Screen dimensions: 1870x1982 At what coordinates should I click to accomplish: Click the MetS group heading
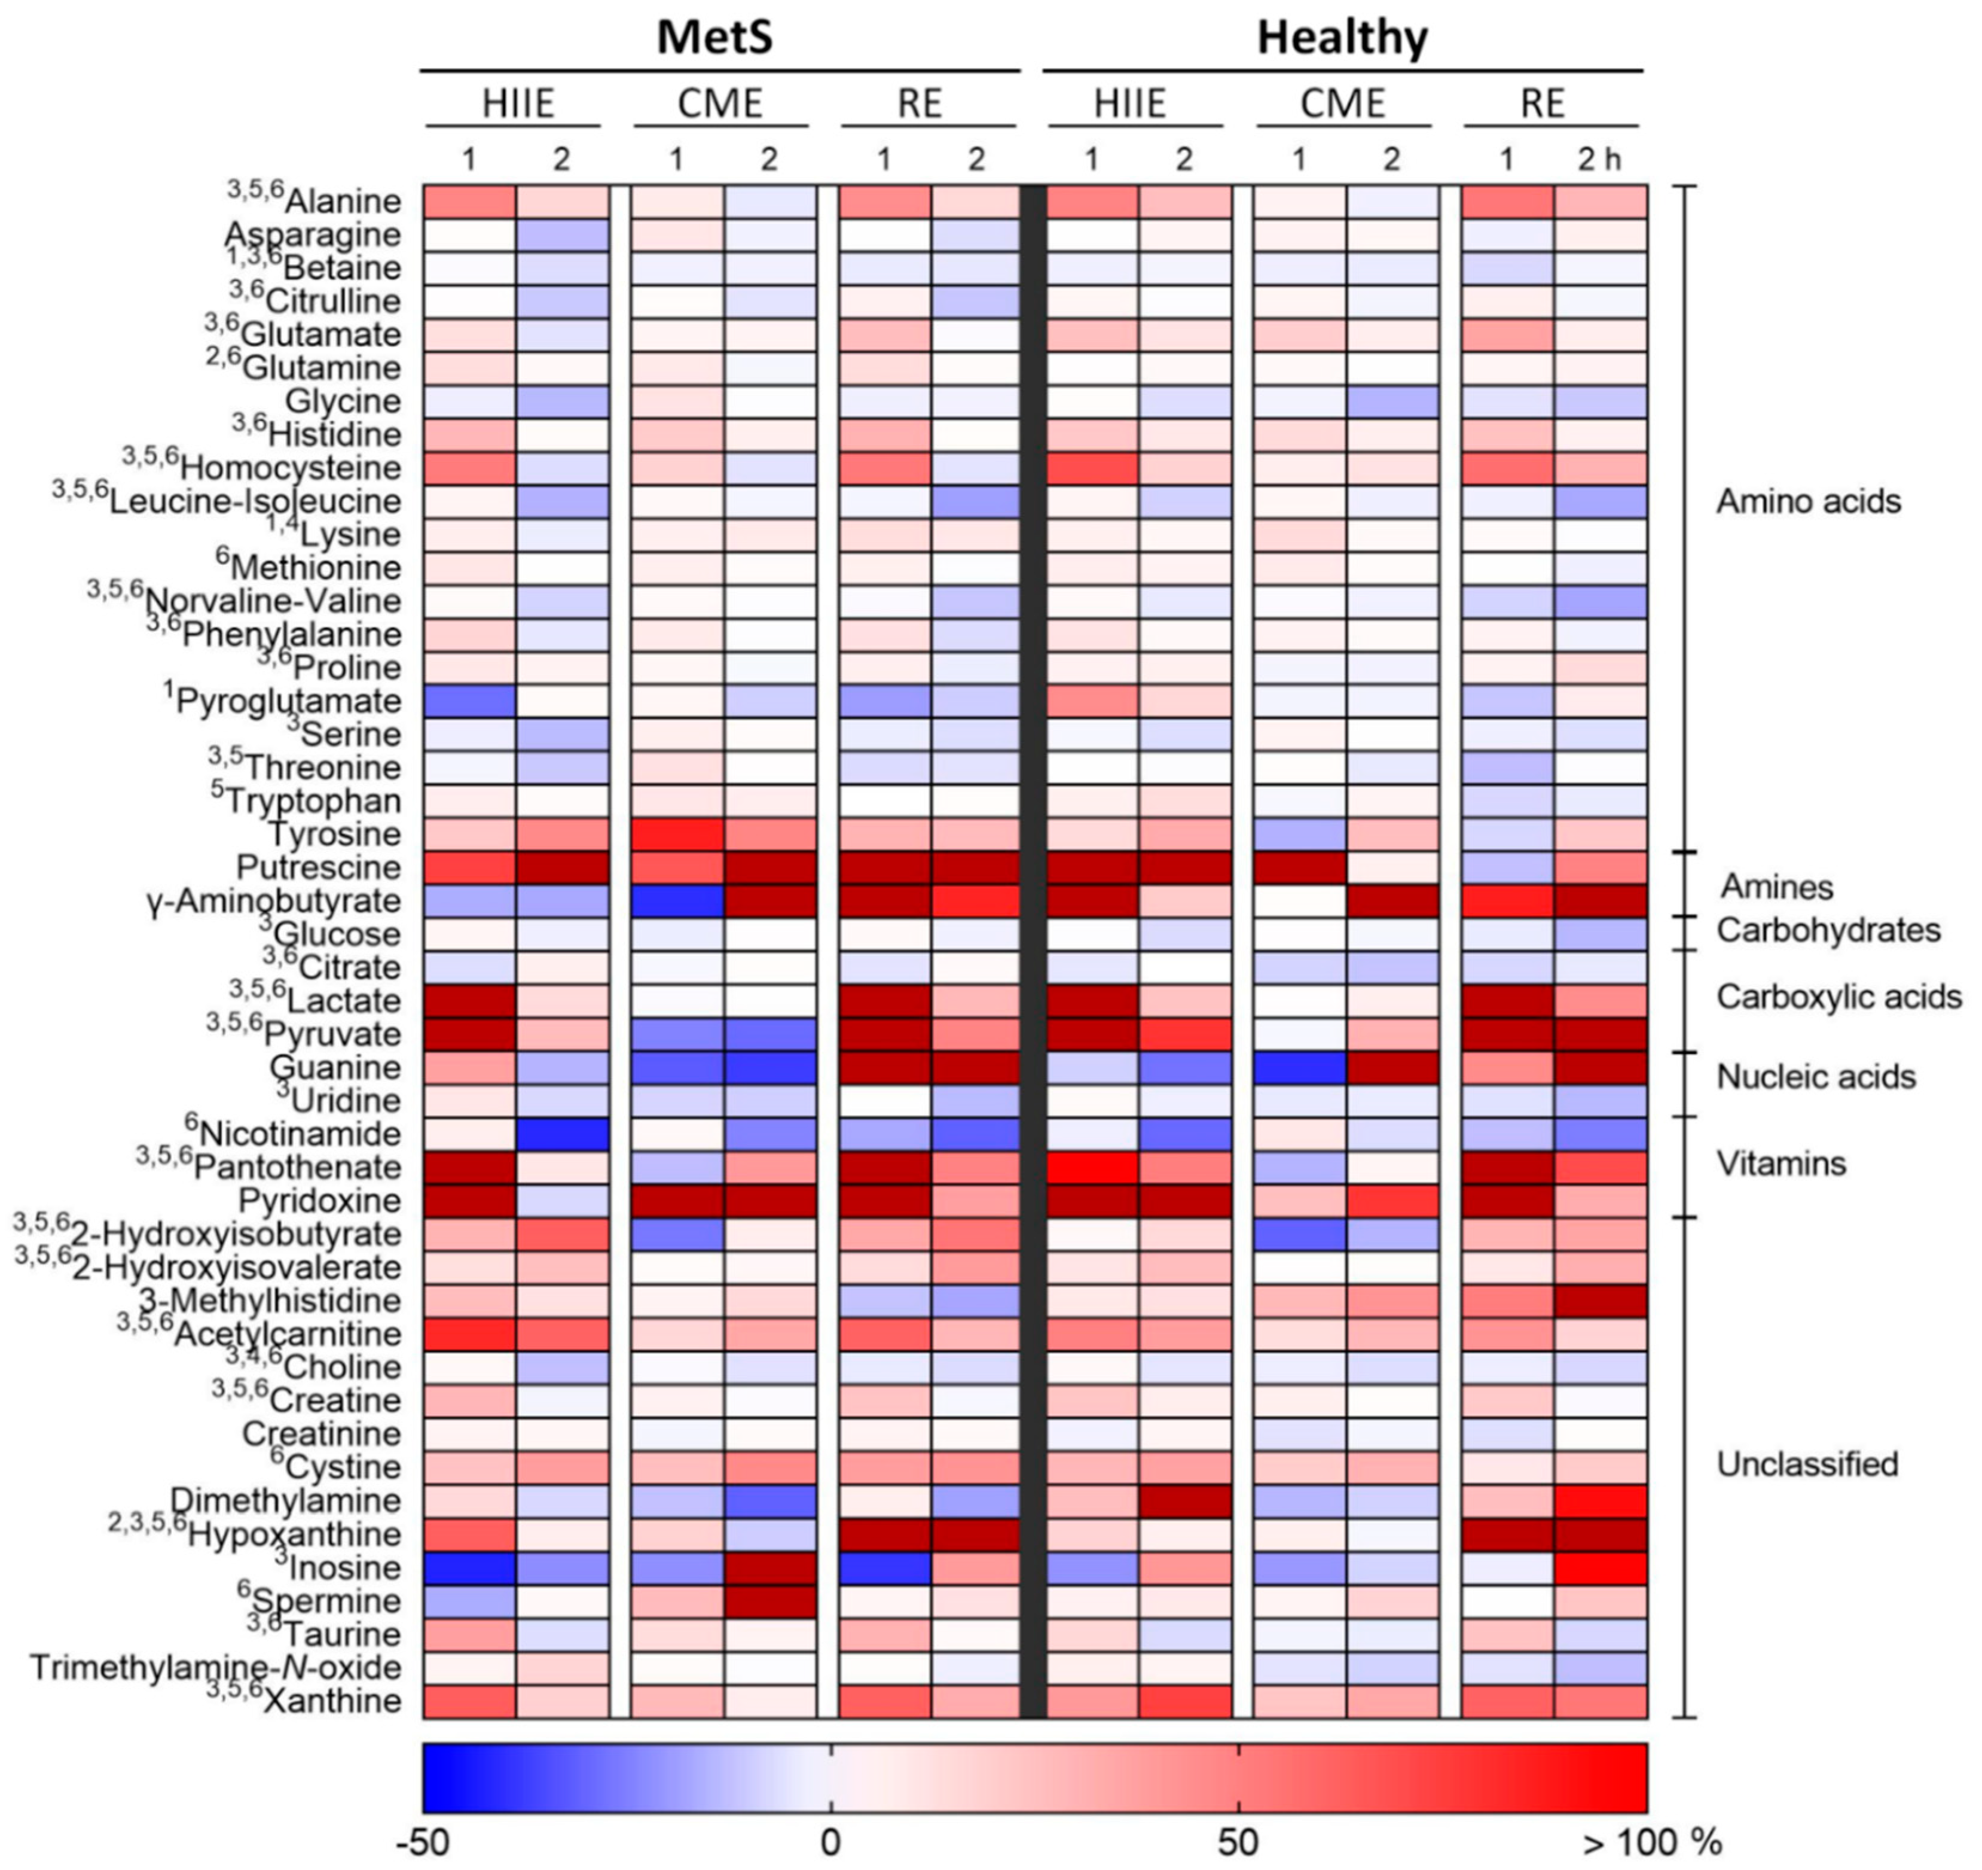click(x=715, y=37)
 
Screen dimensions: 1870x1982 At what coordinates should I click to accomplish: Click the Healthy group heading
click(x=1341, y=37)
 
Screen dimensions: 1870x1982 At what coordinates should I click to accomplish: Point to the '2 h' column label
click(x=1599, y=160)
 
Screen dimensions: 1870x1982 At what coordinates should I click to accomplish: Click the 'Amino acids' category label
click(x=1807, y=501)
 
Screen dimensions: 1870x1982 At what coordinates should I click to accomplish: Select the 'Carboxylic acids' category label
click(x=1837, y=997)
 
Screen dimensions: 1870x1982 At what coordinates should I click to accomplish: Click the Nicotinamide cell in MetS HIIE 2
click(x=562, y=1134)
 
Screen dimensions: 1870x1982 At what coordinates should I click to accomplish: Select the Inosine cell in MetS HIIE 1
click(x=469, y=1567)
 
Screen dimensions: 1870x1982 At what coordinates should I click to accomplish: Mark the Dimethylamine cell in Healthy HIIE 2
click(x=1184, y=1500)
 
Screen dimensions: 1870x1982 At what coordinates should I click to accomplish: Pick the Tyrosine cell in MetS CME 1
click(x=677, y=834)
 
